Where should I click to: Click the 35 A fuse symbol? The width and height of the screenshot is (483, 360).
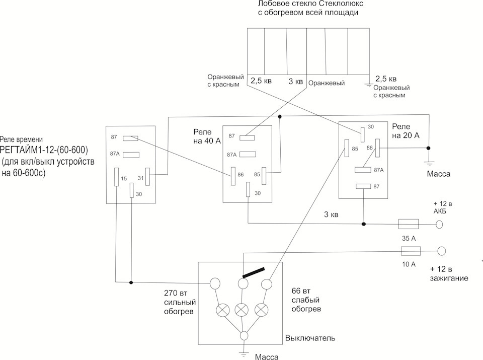coord(410,224)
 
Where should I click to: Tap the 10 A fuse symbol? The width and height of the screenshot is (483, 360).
coord(411,251)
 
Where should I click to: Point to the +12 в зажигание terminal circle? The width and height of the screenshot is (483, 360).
coord(442,250)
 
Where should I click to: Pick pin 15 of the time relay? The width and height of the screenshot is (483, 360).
coord(117,177)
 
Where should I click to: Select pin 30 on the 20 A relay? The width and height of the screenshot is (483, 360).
coord(362,134)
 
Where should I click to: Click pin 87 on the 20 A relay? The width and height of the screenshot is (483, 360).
coord(363,187)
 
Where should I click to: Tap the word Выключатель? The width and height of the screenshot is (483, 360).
coord(310,337)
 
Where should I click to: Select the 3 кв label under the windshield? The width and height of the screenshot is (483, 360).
coord(295,81)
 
